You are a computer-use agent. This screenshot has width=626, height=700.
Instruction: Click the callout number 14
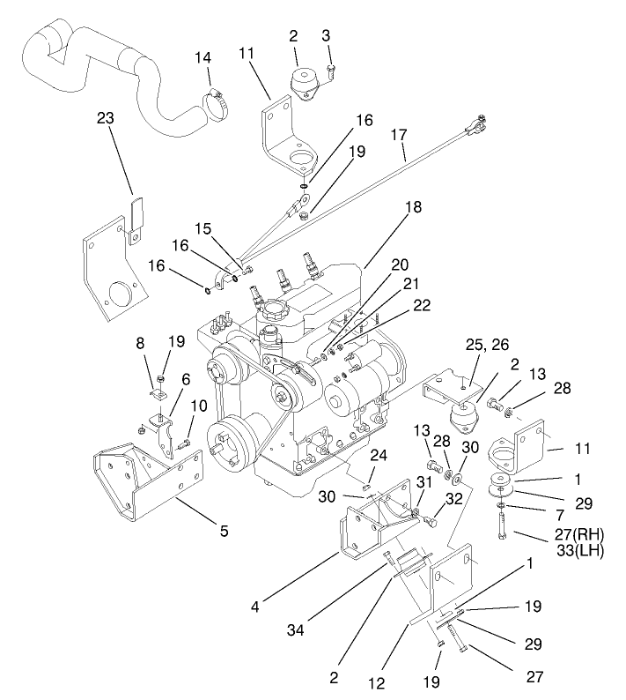click(203, 57)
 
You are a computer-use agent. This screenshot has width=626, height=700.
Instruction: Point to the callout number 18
click(413, 208)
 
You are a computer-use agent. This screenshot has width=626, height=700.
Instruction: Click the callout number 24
click(378, 457)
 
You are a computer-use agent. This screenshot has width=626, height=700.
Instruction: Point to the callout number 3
click(328, 36)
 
